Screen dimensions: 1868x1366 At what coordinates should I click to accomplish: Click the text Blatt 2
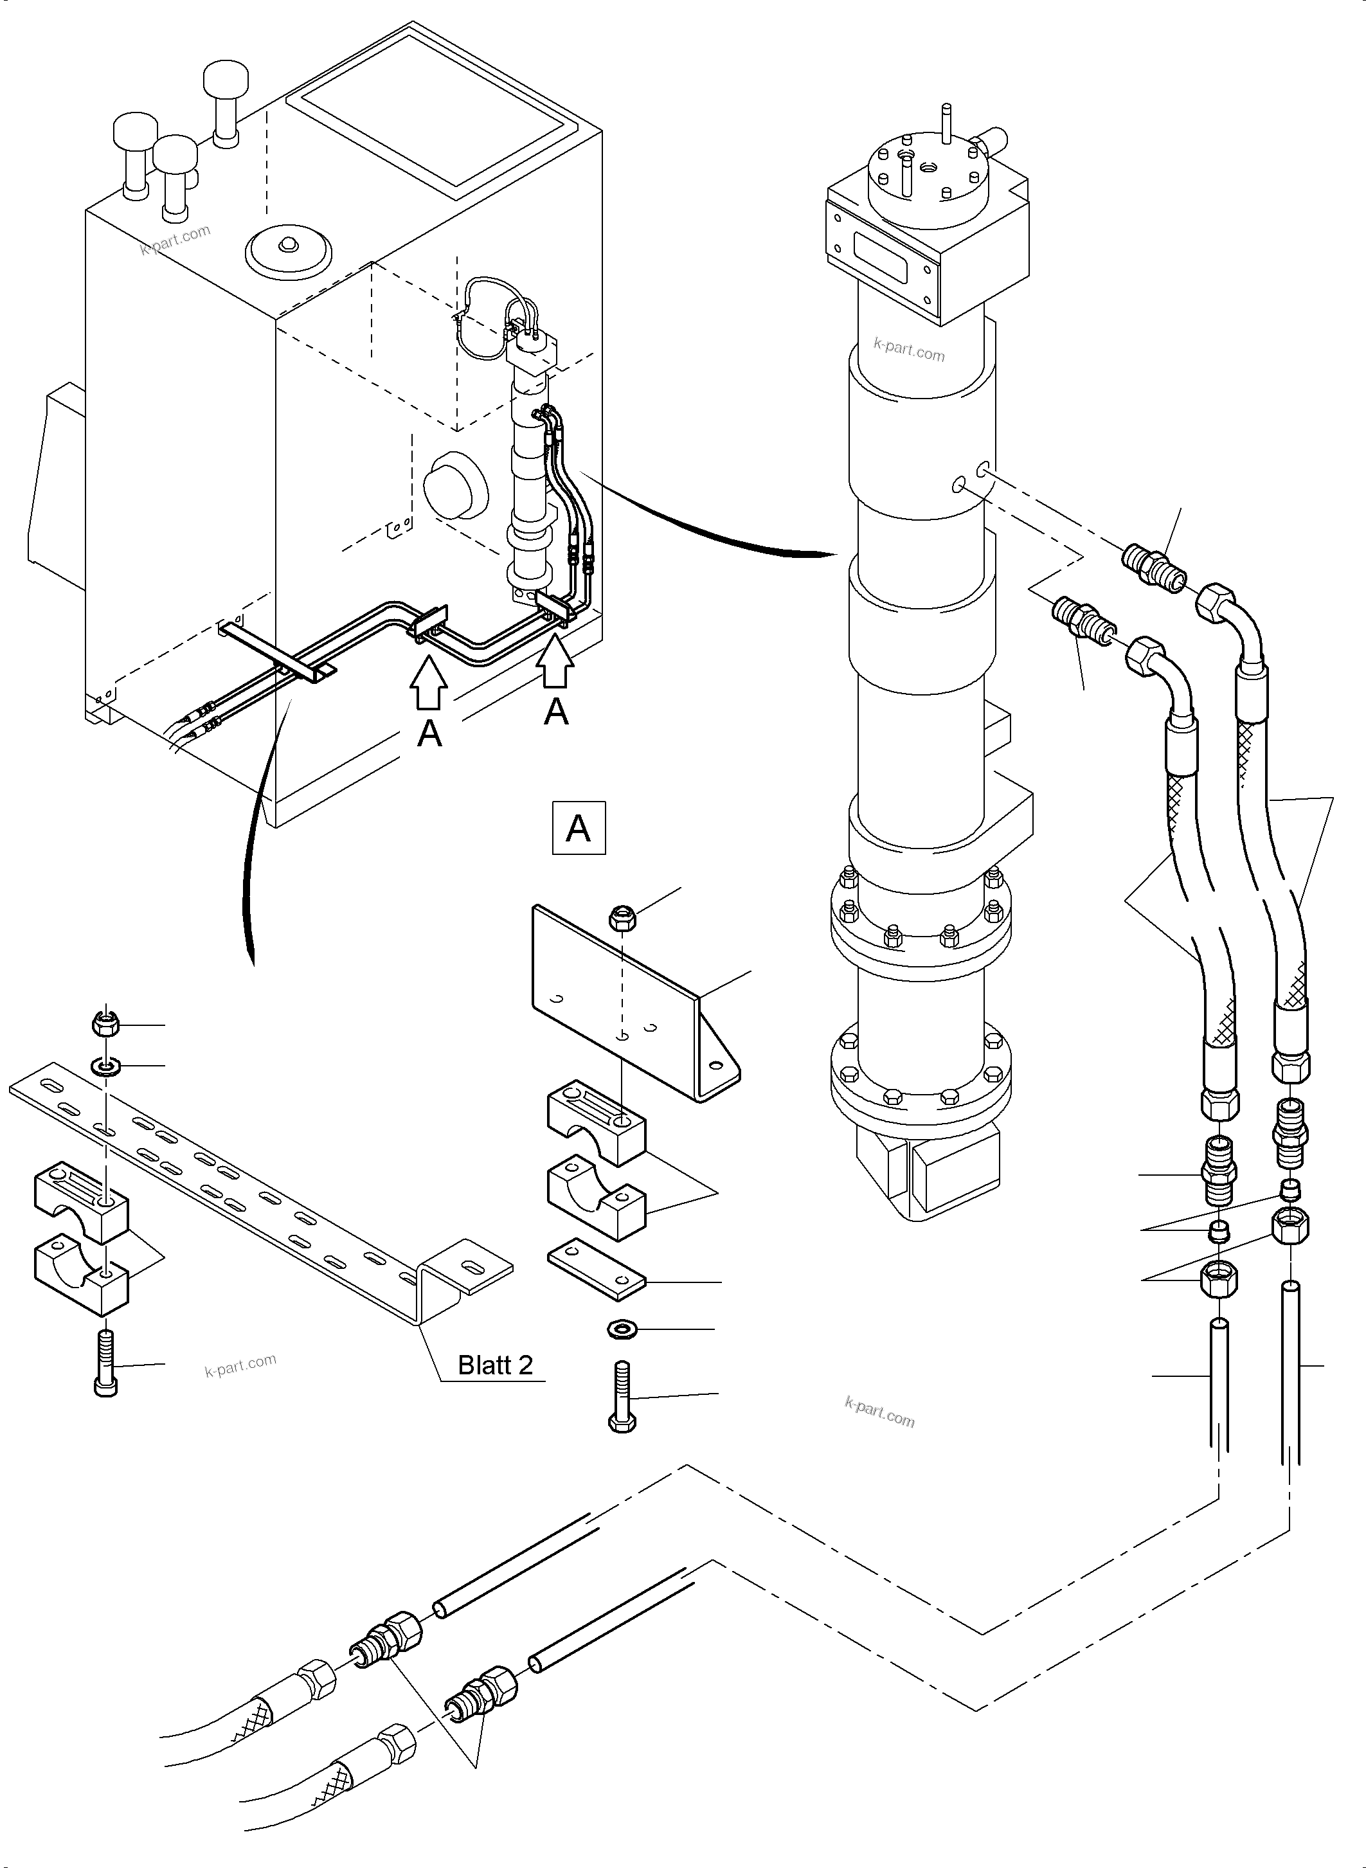click(x=496, y=1365)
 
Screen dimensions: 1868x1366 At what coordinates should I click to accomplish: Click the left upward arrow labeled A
click(x=428, y=682)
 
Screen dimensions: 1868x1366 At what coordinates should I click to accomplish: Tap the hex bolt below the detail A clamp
click(x=622, y=1398)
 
